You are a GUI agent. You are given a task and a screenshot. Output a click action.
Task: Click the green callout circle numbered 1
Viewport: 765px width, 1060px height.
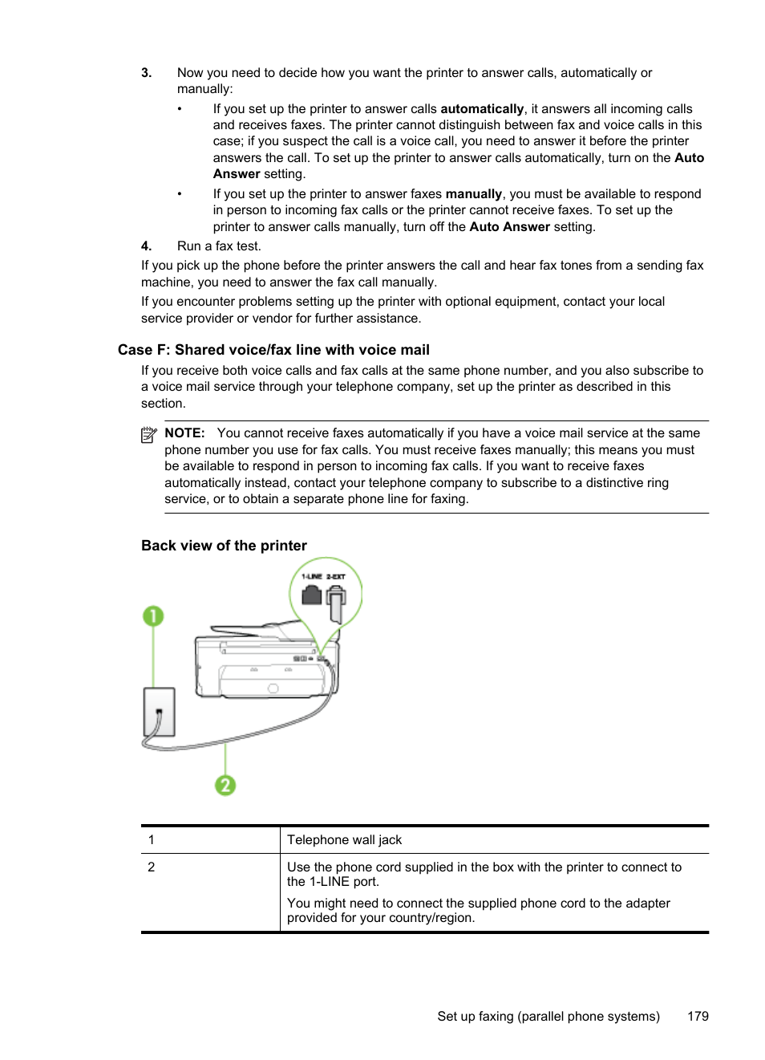(x=153, y=616)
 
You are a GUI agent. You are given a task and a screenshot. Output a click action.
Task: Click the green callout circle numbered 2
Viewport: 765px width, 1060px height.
(x=225, y=785)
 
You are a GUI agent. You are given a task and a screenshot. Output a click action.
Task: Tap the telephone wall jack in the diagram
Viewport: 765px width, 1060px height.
(x=159, y=712)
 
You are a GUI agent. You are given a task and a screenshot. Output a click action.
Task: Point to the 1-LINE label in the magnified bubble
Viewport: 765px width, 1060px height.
(x=311, y=576)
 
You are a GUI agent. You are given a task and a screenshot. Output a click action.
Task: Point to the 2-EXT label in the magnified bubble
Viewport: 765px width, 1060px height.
(x=336, y=576)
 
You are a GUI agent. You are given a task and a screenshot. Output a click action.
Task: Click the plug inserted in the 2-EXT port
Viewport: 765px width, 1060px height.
(x=336, y=603)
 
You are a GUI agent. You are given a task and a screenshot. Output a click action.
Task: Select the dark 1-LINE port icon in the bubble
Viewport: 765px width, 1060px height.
(x=311, y=595)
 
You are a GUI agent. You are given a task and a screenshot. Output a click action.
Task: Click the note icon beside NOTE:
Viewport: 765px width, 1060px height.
(x=148, y=435)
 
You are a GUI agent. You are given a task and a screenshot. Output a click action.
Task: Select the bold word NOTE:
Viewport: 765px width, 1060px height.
(x=184, y=433)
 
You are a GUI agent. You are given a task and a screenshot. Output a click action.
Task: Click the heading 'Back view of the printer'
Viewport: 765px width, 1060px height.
(x=224, y=546)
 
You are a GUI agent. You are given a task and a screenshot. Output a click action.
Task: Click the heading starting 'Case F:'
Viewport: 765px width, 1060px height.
(x=273, y=350)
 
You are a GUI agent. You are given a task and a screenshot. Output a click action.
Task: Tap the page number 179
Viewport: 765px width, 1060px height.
(x=698, y=1016)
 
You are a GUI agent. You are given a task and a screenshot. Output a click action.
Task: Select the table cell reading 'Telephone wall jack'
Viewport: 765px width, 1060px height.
(x=344, y=840)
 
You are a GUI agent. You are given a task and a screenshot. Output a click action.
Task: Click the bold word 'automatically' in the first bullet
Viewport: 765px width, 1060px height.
(x=482, y=109)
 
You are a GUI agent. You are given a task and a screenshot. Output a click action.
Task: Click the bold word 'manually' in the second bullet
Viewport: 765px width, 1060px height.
(x=473, y=194)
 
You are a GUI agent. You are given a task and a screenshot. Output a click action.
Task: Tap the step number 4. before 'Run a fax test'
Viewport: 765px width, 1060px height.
(x=146, y=246)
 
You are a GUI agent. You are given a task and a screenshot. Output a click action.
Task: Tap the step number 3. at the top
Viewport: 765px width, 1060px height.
(x=146, y=73)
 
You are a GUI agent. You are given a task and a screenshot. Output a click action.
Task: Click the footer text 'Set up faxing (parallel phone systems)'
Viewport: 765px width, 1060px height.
(x=548, y=1016)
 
